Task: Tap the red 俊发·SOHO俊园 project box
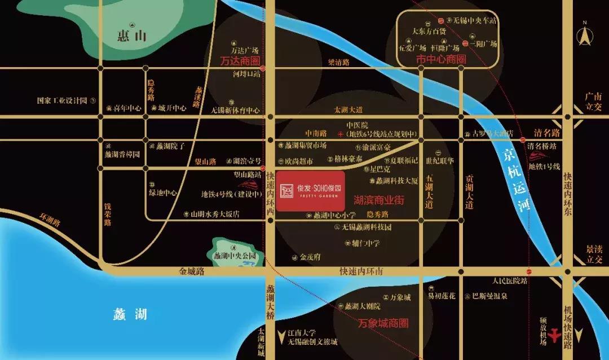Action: (x=310, y=191)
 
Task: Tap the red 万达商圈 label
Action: (x=239, y=60)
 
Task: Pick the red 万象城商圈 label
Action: (x=383, y=324)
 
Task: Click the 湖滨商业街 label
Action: (x=378, y=200)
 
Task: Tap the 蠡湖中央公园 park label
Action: (x=235, y=256)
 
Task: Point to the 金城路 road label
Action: (x=192, y=271)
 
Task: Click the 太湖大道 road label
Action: (x=348, y=109)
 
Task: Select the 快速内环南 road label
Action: (x=361, y=271)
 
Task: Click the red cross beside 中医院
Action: (x=340, y=134)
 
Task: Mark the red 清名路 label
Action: (x=547, y=133)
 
